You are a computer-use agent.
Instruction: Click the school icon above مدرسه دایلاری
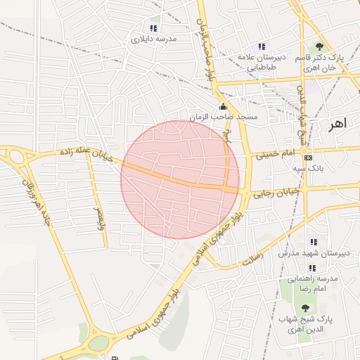click(x=153, y=28)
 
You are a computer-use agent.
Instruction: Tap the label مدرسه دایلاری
click(x=153, y=39)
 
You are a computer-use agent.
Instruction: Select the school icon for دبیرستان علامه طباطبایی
click(x=263, y=46)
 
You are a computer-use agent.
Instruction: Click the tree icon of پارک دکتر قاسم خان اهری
click(x=319, y=46)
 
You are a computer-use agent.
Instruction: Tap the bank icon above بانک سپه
click(x=309, y=157)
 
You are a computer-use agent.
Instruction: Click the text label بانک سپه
click(x=309, y=169)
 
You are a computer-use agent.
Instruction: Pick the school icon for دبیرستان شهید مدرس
click(x=314, y=242)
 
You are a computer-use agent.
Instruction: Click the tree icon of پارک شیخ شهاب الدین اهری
click(x=304, y=307)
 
